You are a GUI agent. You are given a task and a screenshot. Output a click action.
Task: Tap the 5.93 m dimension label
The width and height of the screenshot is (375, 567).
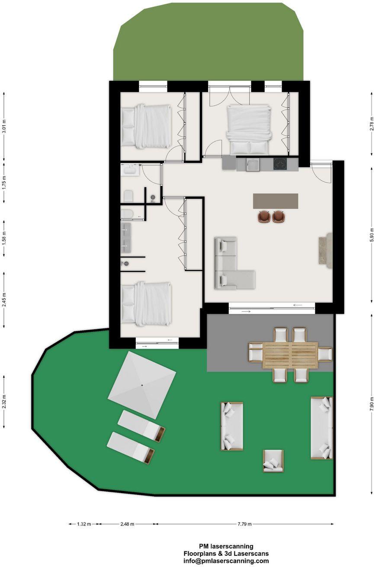(372, 235)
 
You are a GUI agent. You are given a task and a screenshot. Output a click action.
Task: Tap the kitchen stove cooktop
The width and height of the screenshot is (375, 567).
(280, 164)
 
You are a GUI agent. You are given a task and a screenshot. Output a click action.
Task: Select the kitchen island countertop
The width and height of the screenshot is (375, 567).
(276, 201)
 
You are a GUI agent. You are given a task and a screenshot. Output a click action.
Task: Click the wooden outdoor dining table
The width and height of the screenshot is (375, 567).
(290, 355)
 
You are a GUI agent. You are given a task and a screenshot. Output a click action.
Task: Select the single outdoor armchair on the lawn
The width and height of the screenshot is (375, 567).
(273, 461)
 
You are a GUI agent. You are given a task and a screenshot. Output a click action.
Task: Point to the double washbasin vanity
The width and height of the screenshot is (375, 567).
(126, 237)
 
